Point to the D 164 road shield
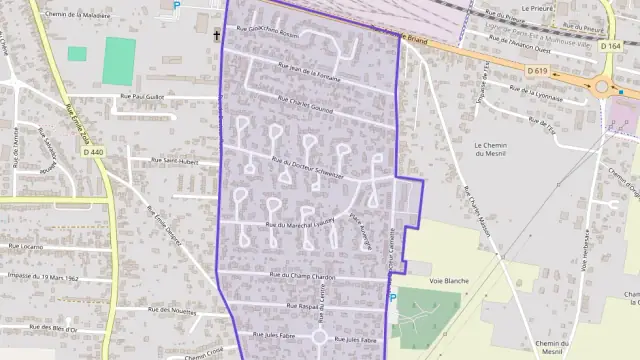click(x=610, y=46)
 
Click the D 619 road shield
click(x=538, y=70)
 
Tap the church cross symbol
click(x=215, y=35)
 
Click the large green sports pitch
click(x=118, y=60)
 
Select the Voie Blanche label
click(x=449, y=282)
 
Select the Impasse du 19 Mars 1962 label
click(x=48, y=276)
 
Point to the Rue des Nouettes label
click(x=170, y=311)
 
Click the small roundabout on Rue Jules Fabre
click(x=320, y=337)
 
